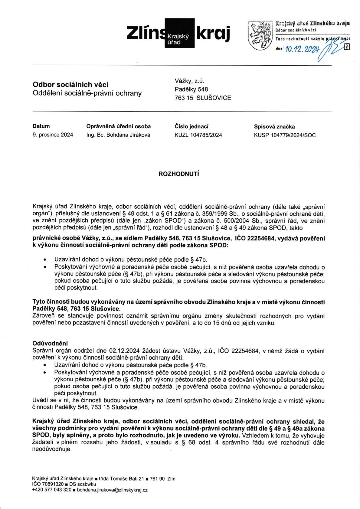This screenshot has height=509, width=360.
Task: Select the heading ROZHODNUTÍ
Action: coord(179,174)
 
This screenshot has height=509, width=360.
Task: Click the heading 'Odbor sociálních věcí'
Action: coord(70,84)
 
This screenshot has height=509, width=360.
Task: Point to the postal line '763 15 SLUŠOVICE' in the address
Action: coord(203,98)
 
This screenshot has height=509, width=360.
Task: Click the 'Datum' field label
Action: coord(41,126)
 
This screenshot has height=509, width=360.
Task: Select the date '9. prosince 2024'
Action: coord(53,135)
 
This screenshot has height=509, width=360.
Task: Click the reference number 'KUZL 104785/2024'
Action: coord(198,135)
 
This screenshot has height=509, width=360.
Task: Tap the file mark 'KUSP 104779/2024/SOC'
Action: coord(285,135)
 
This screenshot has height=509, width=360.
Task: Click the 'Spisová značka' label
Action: coord(274,127)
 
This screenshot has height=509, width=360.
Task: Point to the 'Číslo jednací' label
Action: coord(191,126)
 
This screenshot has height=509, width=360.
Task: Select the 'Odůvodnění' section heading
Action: coord(50,343)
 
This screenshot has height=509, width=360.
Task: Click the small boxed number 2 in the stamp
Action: coord(347,47)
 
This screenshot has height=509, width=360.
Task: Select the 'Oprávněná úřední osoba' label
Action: coord(119,126)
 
